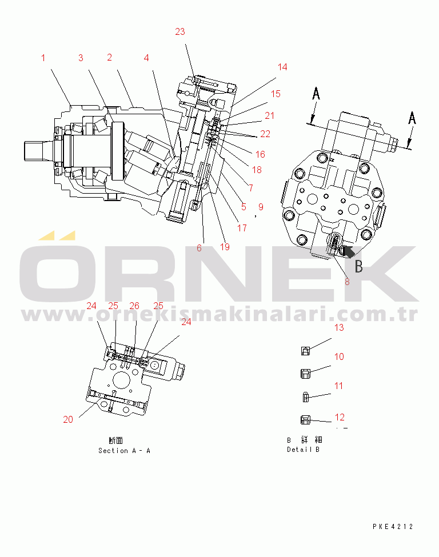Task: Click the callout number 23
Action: tap(180, 32)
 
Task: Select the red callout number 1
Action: tap(43, 58)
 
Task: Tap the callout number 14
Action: tap(282, 67)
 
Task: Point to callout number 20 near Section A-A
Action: tap(68, 419)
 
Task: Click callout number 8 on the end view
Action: tap(346, 281)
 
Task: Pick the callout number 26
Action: tap(134, 306)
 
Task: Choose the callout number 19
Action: tap(225, 247)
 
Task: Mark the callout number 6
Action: tap(199, 247)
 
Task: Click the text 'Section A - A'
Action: tap(124, 451)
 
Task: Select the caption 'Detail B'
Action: tap(303, 450)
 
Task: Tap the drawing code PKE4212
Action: tap(392, 527)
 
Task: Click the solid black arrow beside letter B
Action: tap(346, 250)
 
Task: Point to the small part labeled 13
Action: tap(306, 351)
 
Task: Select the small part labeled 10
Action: tap(306, 374)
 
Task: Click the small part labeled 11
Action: tap(306, 396)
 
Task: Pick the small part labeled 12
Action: tap(306, 420)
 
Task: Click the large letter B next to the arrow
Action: tap(358, 266)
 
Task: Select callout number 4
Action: tap(146, 58)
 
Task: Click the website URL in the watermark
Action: tap(219, 315)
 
